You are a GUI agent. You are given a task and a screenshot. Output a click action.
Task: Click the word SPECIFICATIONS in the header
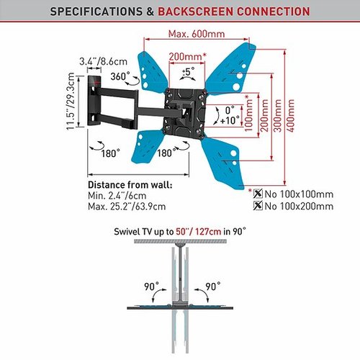pos(96,12)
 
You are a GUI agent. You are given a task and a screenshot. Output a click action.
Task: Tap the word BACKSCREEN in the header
pos(195,12)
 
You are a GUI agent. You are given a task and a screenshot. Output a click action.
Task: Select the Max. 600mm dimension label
pos(197,34)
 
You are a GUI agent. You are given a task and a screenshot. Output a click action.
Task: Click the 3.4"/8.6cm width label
pos(103,61)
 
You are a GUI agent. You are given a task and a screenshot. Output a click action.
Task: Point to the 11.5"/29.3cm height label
pos(71,102)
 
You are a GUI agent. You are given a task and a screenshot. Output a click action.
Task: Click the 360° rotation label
pos(120,76)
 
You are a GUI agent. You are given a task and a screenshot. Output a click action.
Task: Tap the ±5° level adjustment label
pos(189,71)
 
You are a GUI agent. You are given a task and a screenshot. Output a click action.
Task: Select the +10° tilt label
pos(230,120)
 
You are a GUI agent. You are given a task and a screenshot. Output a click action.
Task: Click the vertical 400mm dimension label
pos(290,115)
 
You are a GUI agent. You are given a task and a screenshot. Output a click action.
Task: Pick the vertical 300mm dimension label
pos(277,115)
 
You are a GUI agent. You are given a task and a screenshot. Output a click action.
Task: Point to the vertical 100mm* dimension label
pos(248,113)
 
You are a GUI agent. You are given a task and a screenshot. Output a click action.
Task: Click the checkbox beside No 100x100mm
pos(258,194)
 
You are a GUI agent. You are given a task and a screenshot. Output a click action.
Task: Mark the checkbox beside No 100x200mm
pos(258,205)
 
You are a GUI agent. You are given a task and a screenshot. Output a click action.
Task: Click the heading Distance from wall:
pos(130,185)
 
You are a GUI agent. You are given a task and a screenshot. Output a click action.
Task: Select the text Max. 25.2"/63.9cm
pos(127,207)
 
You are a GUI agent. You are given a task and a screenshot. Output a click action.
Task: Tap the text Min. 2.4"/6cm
pos(117,196)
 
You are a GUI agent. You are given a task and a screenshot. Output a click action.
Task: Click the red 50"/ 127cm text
pos(199,232)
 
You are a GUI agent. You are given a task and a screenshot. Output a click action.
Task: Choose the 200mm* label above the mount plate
pos(187,57)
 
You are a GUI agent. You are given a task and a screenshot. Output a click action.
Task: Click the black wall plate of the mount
pos(94,101)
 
